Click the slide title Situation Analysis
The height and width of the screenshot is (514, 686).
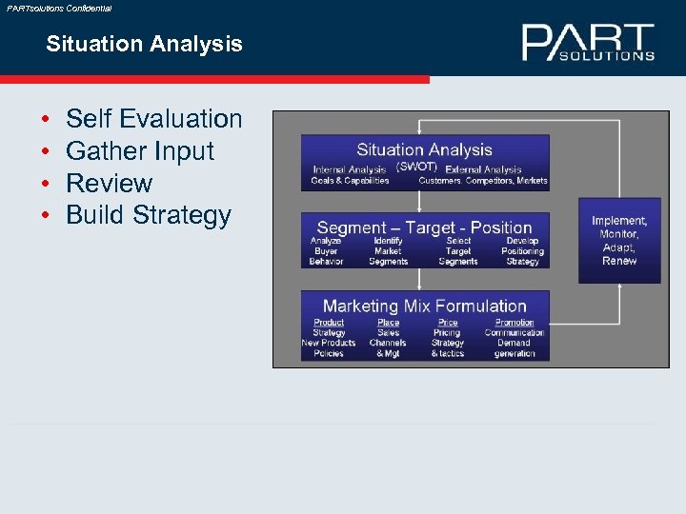pyautogui.click(x=144, y=44)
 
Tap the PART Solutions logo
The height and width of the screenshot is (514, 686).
pyautogui.click(x=588, y=43)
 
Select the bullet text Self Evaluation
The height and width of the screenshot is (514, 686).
pyautogui.click(x=153, y=119)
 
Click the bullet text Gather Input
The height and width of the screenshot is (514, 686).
pyautogui.click(x=140, y=150)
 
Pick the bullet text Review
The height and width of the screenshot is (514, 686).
pyautogui.click(x=109, y=183)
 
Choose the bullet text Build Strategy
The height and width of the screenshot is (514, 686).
pyautogui.click(x=148, y=215)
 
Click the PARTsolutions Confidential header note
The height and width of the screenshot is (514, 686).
pyautogui.click(x=58, y=8)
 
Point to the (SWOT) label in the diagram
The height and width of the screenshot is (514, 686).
pyautogui.click(x=416, y=167)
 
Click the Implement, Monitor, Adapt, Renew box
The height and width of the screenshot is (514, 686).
pyautogui.click(x=619, y=241)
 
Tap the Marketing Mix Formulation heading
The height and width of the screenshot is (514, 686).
pyautogui.click(x=425, y=306)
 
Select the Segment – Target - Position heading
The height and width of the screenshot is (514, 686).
pyautogui.click(x=424, y=227)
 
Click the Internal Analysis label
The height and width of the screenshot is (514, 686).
pyautogui.click(x=350, y=169)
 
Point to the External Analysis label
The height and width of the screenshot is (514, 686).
pyautogui.click(x=483, y=169)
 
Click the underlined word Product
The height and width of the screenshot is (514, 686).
pyautogui.click(x=329, y=323)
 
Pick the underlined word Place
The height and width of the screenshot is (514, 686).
pyautogui.click(x=388, y=323)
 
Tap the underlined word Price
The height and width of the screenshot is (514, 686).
pyautogui.click(x=448, y=323)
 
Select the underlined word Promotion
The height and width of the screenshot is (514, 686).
pyautogui.click(x=514, y=323)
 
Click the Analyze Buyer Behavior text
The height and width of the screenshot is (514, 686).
pyautogui.click(x=326, y=251)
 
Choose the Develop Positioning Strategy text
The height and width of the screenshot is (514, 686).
pyautogui.click(x=522, y=251)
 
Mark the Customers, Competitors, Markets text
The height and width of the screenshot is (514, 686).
pyautogui.click(x=483, y=181)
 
